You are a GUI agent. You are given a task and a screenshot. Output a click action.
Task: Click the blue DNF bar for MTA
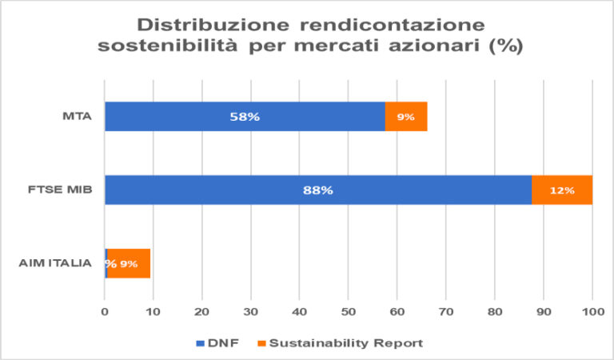click(x=200, y=117)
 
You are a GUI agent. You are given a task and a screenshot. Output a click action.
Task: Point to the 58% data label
click(x=245, y=117)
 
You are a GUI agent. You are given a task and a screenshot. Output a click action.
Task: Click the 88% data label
click(x=317, y=190)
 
